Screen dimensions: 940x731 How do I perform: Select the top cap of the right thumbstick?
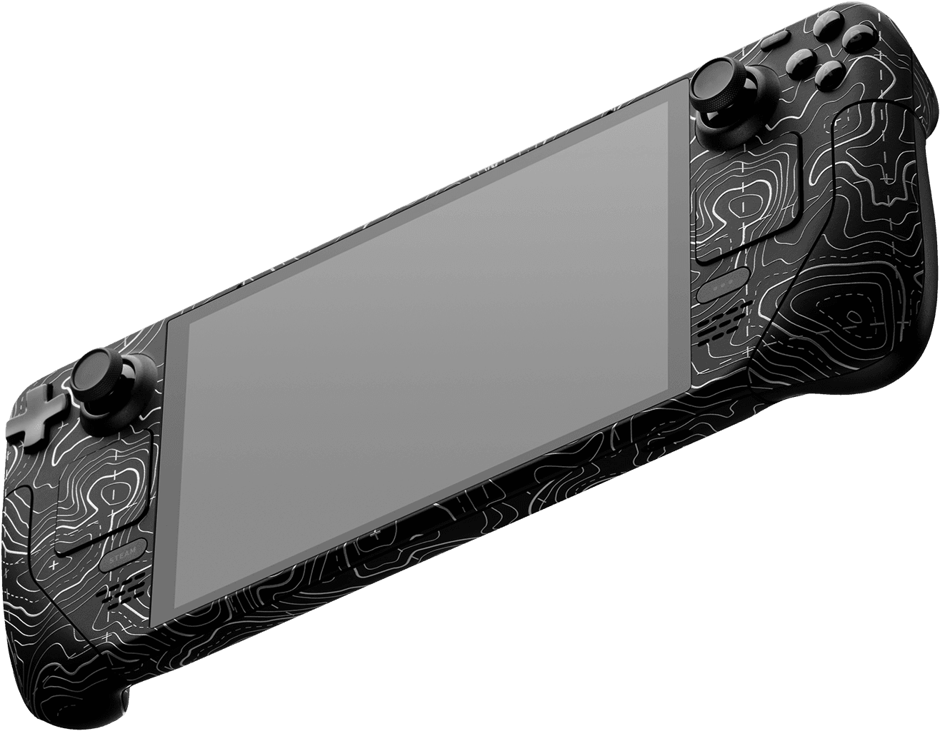(x=716, y=85)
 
